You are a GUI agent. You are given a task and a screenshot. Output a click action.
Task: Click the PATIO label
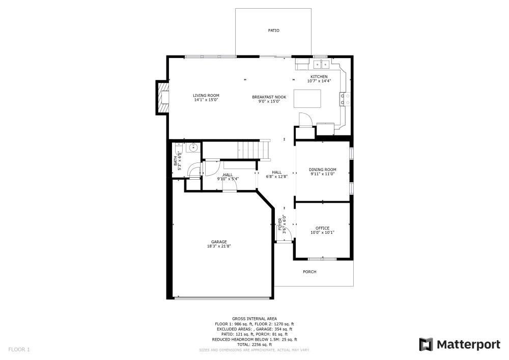pyautogui.click(x=273, y=31)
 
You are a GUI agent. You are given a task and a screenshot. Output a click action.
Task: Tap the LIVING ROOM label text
pyautogui.click(x=206, y=96)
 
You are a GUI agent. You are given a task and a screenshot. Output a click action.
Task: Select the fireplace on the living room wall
pyautogui.click(x=163, y=98)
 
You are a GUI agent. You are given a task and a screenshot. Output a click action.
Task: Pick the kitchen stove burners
pyautogui.click(x=346, y=98)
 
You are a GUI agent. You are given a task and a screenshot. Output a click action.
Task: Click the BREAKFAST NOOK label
pyautogui.click(x=269, y=97)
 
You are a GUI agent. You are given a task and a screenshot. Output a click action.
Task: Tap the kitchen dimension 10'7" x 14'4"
pyautogui.click(x=319, y=81)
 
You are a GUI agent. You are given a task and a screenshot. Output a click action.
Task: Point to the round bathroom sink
pyautogui.click(x=193, y=148)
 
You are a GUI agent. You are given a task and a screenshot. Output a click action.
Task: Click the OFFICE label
pyautogui.click(x=322, y=228)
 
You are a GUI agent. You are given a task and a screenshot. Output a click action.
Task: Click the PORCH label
pyautogui.click(x=309, y=272)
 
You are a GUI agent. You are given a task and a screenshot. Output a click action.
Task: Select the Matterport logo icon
pyautogui.click(x=426, y=345)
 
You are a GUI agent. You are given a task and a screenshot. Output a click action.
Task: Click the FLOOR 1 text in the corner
pyautogui.click(x=19, y=349)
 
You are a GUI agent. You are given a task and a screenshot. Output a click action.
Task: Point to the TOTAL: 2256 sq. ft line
pyautogui.click(x=254, y=344)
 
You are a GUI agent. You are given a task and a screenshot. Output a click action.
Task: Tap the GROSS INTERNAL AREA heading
pyautogui.click(x=254, y=318)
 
